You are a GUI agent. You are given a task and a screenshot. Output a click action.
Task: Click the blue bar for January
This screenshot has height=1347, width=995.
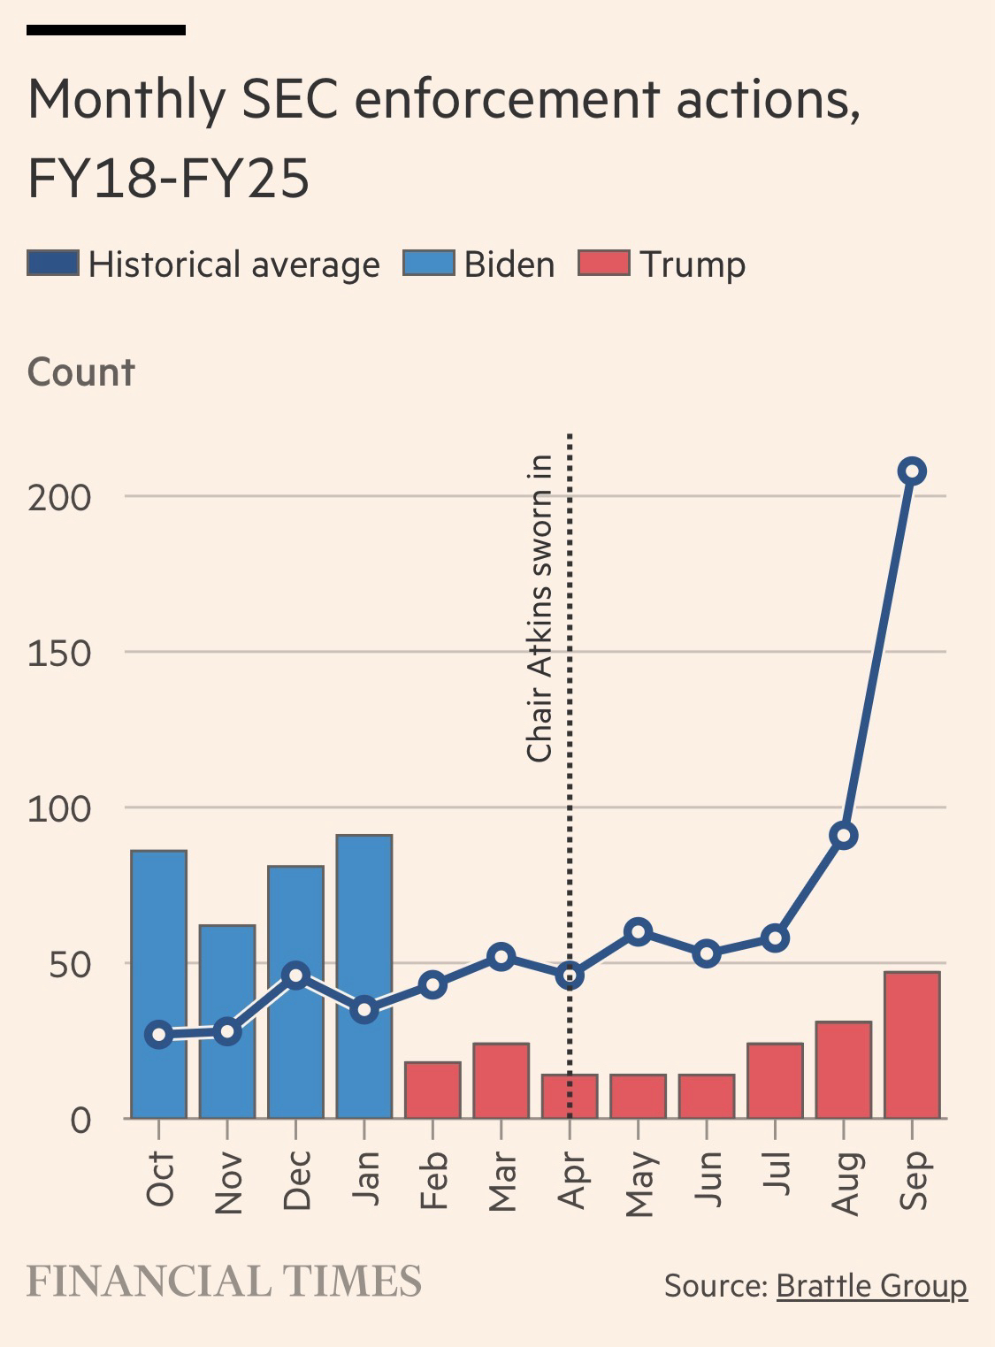[364, 976]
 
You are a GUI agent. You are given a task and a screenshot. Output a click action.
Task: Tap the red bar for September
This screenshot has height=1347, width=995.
[912, 1045]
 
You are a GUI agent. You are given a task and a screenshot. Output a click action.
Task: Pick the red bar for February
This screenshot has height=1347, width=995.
[432, 1090]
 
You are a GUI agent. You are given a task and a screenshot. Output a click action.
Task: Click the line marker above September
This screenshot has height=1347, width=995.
[912, 471]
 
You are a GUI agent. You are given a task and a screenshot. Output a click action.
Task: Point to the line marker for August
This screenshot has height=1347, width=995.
[844, 836]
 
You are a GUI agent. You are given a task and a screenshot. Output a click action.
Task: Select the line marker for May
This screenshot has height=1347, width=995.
[638, 931]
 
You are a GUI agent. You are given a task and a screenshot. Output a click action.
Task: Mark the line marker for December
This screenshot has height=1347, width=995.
[296, 976]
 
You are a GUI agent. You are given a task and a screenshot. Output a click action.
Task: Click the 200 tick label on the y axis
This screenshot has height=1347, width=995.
[59, 497]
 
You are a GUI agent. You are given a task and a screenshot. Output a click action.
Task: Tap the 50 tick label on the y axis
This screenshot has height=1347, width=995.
[70, 964]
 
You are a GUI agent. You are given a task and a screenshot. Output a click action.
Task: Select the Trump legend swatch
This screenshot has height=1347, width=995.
[603, 264]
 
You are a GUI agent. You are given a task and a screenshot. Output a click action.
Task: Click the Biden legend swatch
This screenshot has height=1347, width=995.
[428, 264]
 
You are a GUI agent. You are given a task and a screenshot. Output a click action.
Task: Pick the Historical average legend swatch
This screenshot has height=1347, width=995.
[53, 264]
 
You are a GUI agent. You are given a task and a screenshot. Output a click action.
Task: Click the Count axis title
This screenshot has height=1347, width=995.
[81, 372]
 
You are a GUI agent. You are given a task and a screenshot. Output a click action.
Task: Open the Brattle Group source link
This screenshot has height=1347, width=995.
[871, 1285]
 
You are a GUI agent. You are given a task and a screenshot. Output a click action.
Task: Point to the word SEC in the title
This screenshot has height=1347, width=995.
[289, 99]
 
